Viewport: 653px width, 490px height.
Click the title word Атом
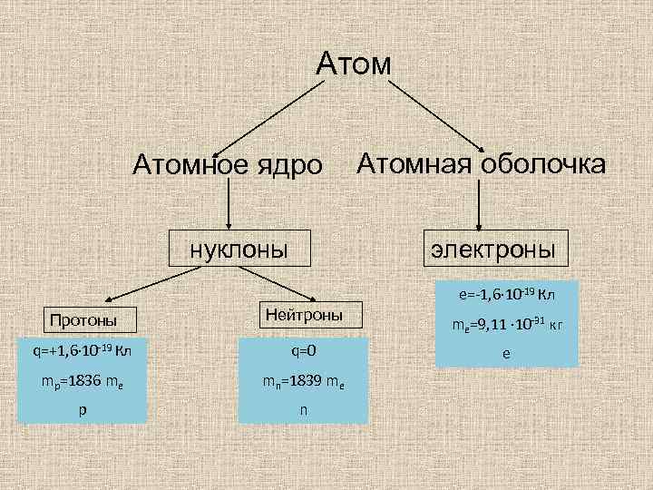pos(354,64)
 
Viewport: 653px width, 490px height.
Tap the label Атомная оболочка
pos(481,163)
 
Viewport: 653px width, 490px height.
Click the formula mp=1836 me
pos(81,379)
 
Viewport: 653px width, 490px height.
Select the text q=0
pos(303,350)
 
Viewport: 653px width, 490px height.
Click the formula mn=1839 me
pos(303,379)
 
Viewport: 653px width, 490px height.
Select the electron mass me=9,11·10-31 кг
pos(506,326)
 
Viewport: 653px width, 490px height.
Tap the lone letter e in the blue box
pos(506,354)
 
